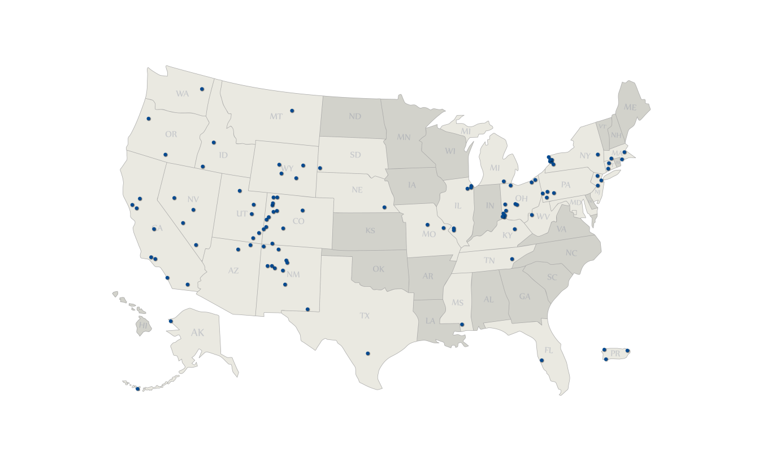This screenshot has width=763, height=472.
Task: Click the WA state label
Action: [x=182, y=94]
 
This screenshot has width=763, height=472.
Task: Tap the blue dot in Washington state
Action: [x=202, y=89]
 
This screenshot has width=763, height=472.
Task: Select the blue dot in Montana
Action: [x=292, y=111]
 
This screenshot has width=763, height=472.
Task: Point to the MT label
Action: [x=276, y=117]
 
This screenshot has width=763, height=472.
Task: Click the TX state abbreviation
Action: [x=365, y=316]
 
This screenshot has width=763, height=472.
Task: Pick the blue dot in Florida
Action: [x=541, y=360]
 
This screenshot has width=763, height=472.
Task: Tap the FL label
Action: [x=549, y=351]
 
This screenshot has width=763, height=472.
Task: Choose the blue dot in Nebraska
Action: [x=384, y=207]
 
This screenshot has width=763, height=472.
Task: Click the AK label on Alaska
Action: [x=197, y=333]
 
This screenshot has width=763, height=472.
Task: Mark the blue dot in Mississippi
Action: [x=462, y=324]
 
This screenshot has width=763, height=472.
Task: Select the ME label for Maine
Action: [x=630, y=107]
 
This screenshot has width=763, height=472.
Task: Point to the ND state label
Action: [x=355, y=117]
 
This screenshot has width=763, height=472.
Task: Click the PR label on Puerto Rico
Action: [x=615, y=354]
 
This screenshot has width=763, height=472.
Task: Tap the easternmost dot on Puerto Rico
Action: [x=627, y=351]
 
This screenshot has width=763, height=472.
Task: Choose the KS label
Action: [x=370, y=231]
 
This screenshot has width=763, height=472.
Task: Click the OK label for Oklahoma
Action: [x=379, y=269]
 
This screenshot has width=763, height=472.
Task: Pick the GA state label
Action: [x=525, y=296]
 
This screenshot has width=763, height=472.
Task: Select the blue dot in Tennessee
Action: [x=512, y=259]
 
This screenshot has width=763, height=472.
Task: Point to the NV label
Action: [x=193, y=199]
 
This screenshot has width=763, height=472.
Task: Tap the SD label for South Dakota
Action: [x=355, y=155]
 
